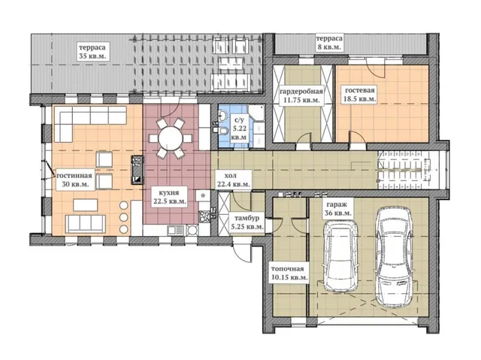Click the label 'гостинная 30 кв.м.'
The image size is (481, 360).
[74, 180]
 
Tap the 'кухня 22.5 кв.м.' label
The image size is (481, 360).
[168, 197]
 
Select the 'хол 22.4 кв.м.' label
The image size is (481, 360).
[233, 180]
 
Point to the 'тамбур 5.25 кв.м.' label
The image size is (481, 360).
[247, 222]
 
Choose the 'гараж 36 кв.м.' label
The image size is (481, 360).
[337, 208]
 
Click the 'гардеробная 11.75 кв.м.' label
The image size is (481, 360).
[301, 95]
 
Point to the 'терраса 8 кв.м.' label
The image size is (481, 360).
[329, 43]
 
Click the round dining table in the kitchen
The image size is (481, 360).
[171, 138]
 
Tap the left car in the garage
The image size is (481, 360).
[341, 256]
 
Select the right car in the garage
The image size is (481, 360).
[394, 257]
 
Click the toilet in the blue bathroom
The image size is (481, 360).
[222, 131]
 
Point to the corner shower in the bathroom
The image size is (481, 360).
[256, 113]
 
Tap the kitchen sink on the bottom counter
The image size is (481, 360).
[175, 230]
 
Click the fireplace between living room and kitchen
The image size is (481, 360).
[137, 170]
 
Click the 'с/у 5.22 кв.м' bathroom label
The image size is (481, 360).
[238, 129]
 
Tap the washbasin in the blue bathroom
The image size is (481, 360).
[222, 116]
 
